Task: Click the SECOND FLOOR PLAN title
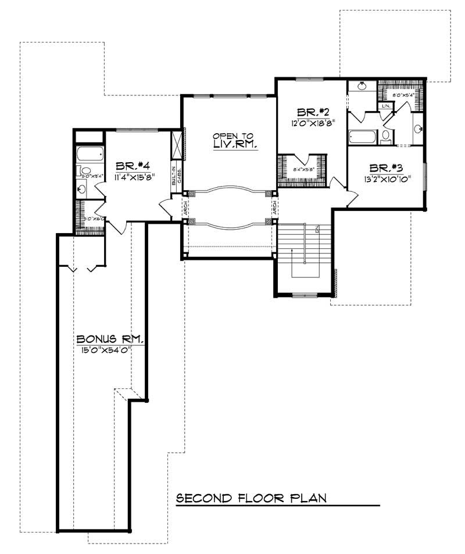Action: tap(251, 498)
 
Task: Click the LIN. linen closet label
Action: tap(385, 106)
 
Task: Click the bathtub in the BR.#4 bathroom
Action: tap(90, 155)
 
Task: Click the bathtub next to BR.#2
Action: tap(362, 137)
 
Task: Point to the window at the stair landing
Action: tap(304, 296)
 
